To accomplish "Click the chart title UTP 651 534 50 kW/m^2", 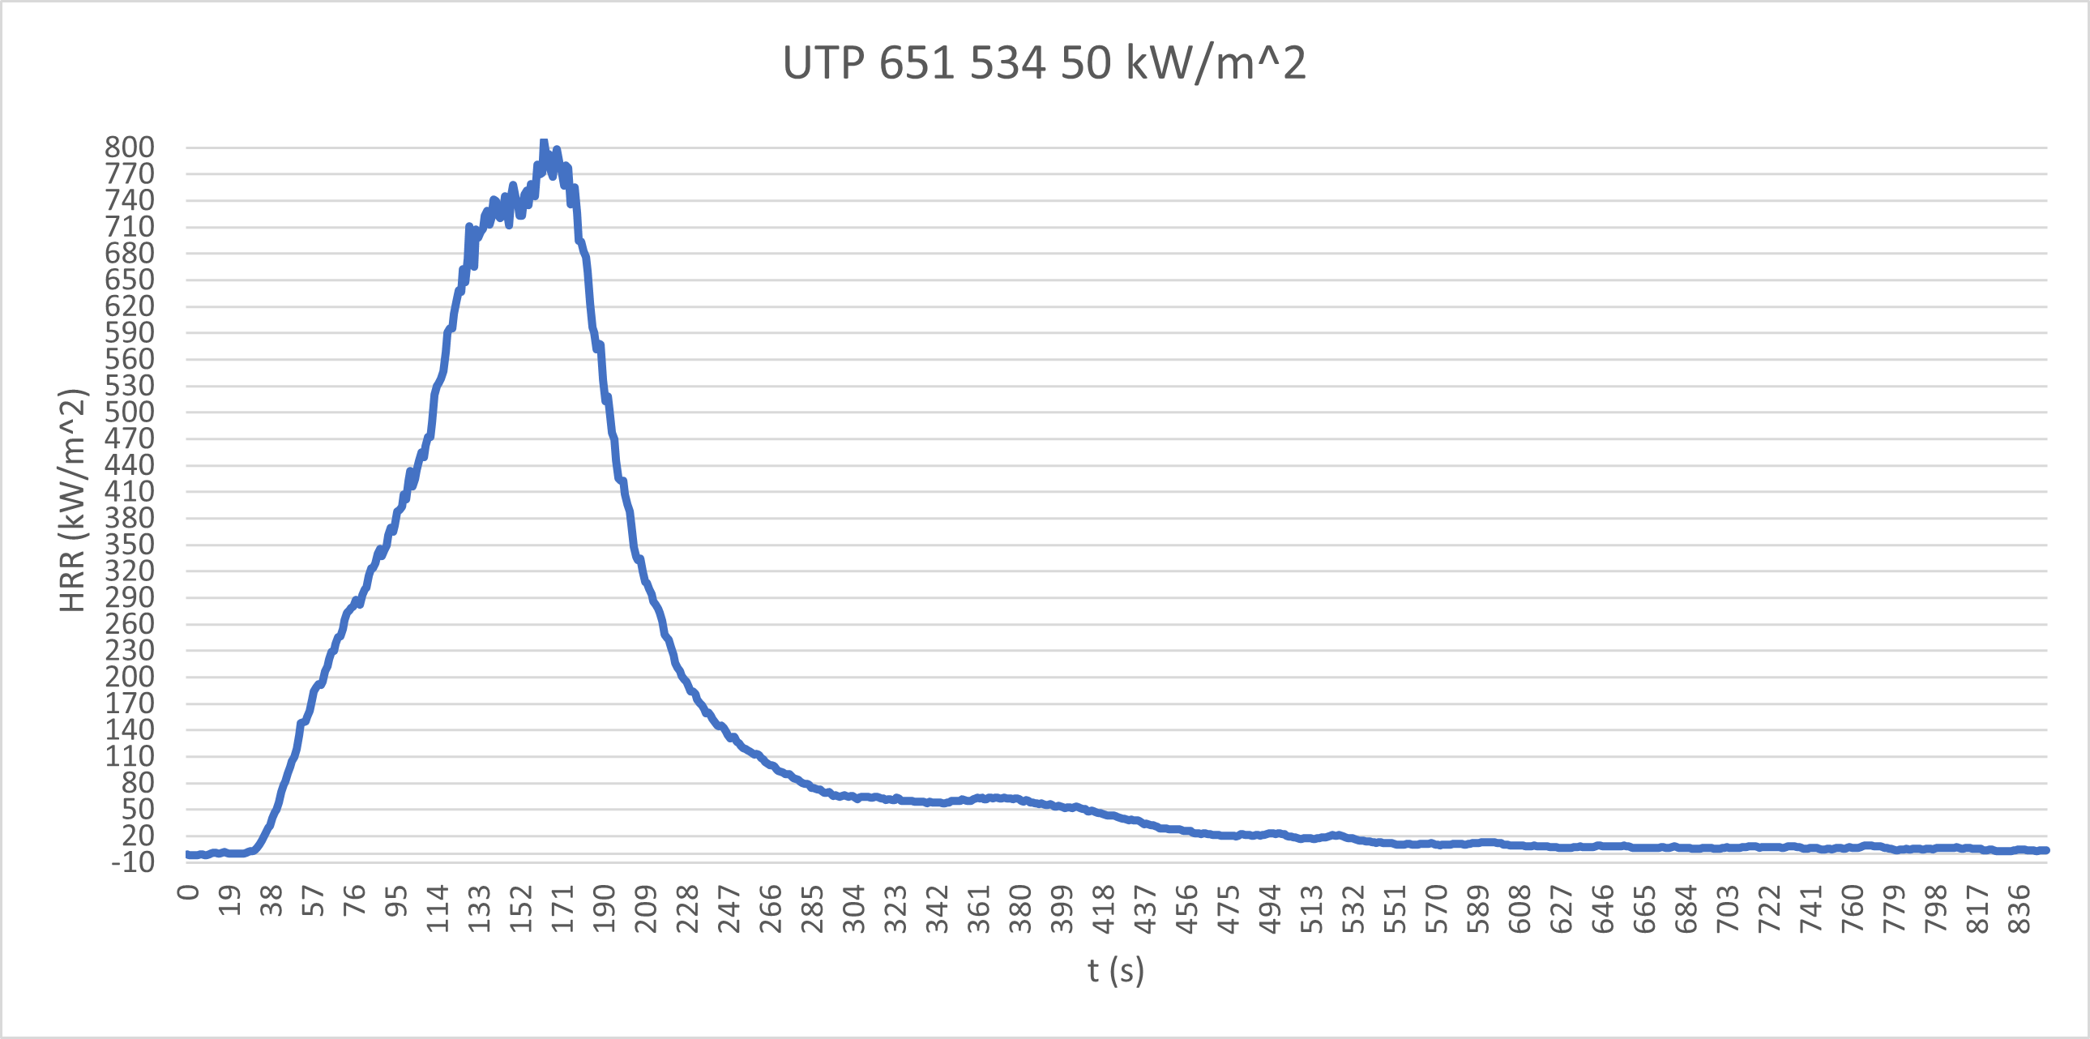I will pyautogui.click(x=1044, y=62).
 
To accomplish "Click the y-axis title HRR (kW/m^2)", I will pyautogui.click(x=72, y=500).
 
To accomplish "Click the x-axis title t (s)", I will pyautogui.click(x=1116, y=970).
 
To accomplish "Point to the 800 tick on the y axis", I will pyautogui.click(x=130, y=148).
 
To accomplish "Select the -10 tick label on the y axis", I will pyautogui.click(x=133, y=862).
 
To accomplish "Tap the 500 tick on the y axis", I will pyautogui.click(x=130, y=412).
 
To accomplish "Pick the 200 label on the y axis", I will pyautogui.click(x=130, y=678).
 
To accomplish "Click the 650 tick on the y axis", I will pyautogui.click(x=130, y=280).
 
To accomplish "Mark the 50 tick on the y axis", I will pyautogui.click(x=138, y=810).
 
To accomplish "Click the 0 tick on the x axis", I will pyautogui.click(x=188, y=892).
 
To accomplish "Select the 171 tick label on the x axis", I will pyautogui.click(x=563, y=909).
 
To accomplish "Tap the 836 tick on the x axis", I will pyautogui.click(x=2019, y=909).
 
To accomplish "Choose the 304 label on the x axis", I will pyautogui.click(x=854, y=909).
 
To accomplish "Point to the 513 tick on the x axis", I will pyautogui.click(x=1312, y=909).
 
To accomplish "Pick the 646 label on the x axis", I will pyautogui.click(x=1603, y=909).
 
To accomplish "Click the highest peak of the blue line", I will pyautogui.click(x=544, y=142).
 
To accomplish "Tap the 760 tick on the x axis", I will pyautogui.click(x=1853, y=909).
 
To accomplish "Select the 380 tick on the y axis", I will pyautogui.click(x=130, y=518).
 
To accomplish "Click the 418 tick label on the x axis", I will pyautogui.click(x=1105, y=909).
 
